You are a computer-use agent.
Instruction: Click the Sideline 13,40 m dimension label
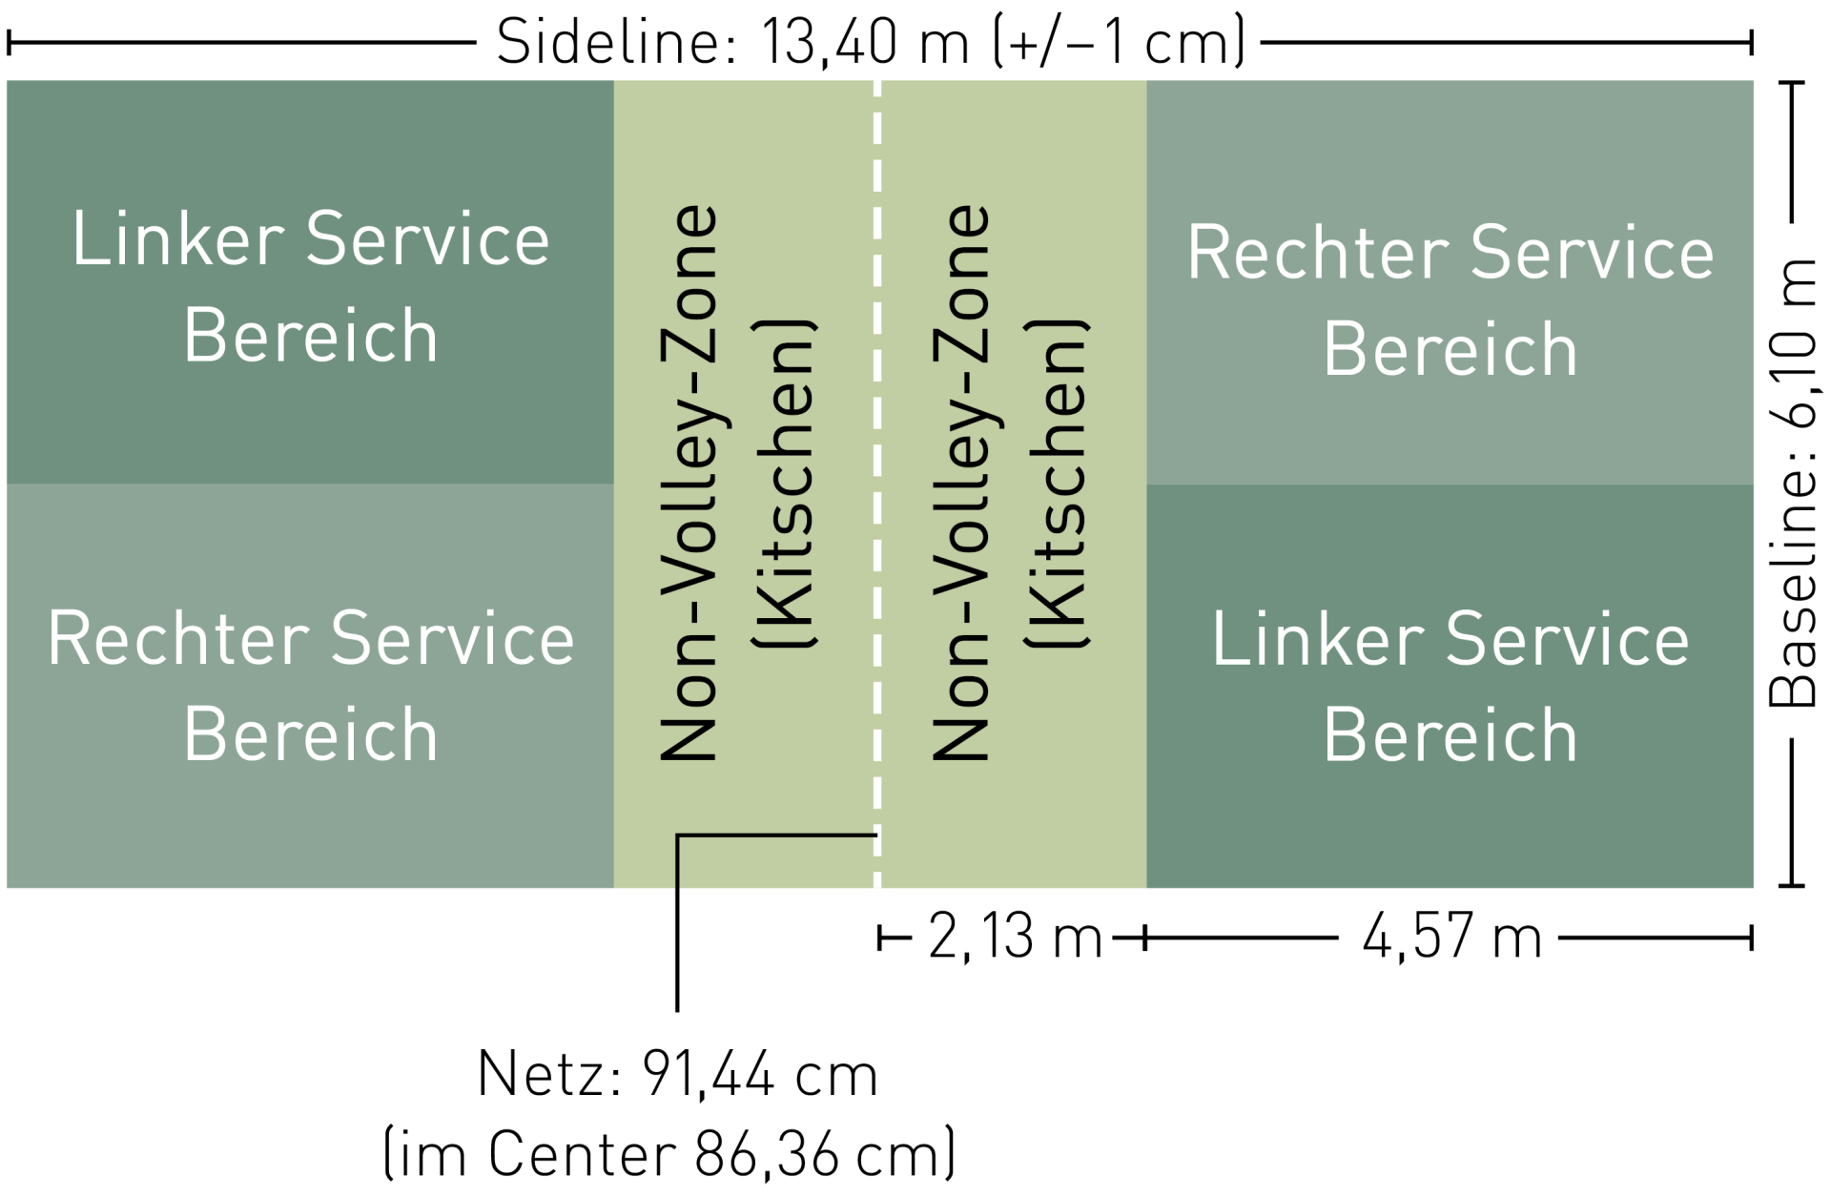(x=871, y=42)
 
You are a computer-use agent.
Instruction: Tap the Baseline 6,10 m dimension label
(x=1793, y=483)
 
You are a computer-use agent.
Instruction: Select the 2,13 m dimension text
(x=1015, y=937)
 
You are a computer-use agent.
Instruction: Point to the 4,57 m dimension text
(x=1451, y=937)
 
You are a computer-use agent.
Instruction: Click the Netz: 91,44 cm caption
(x=677, y=1075)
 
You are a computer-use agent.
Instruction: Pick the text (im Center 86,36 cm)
(x=669, y=1154)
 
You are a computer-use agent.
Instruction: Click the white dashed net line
(x=877, y=484)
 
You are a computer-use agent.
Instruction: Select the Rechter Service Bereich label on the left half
(x=311, y=686)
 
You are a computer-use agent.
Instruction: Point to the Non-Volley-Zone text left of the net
(x=689, y=483)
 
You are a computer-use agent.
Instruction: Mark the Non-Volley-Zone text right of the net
(x=960, y=483)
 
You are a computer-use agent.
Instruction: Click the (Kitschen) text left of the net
(x=785, y=484)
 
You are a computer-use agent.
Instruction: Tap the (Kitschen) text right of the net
(x=1057, y=484)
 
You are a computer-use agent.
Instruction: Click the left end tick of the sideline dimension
(x=10, y=42)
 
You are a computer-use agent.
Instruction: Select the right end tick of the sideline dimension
(x=1751, y=42)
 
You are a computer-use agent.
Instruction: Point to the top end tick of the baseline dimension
(x=1792, y=84)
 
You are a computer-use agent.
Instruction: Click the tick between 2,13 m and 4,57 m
(x=1145, y=939)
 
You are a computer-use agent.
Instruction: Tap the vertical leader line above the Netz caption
(x=677, y=923)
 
